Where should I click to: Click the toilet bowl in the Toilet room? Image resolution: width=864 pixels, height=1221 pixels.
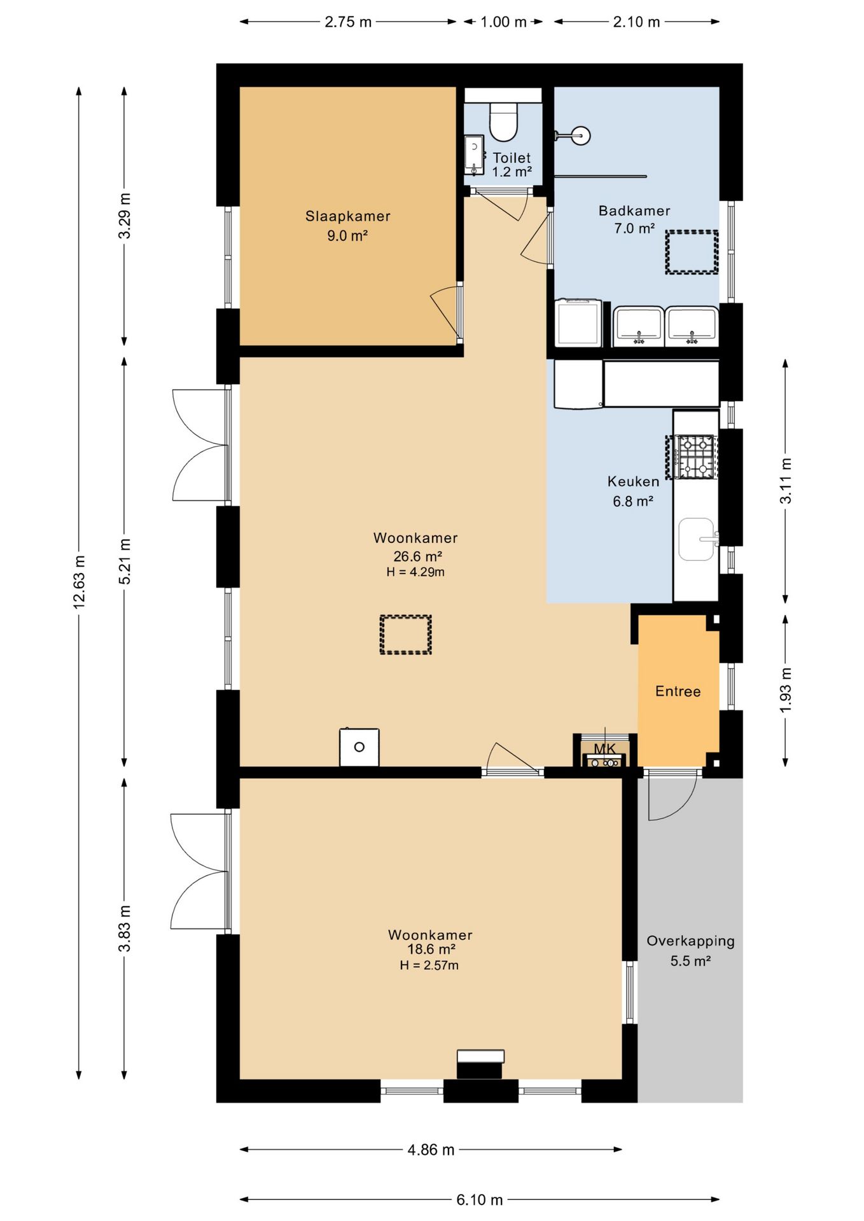[x=503, y=121]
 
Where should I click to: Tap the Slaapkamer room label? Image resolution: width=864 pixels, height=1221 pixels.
[x=347, y=216]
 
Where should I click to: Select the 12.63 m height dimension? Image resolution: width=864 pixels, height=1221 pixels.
[x=79, y=582]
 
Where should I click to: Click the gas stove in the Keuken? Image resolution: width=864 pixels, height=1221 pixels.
[x=694, y=457]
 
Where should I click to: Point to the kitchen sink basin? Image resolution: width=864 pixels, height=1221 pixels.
[x=696, y=539]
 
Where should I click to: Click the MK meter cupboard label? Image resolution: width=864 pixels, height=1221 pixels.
[x=604, y=748]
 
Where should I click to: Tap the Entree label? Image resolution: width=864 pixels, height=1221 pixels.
[x=678, y=691]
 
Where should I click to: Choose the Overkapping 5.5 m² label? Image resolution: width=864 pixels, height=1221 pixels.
[x=690, y=950]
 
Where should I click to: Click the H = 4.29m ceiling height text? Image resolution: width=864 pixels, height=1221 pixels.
[x=415, y=572]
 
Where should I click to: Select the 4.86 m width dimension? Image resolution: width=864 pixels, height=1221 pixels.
[x=431, y=1149]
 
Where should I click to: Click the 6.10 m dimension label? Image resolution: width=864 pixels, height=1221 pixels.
[x=479, y=1199]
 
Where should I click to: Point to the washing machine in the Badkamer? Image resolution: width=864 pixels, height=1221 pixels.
[x=578, y=323]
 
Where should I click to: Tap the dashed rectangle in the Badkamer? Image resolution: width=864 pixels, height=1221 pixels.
[x=692, y=252]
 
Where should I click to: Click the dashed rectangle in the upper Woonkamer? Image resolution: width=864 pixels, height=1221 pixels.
[x=405, y=634]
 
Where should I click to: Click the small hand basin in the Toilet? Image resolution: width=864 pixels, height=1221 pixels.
[x=473, y=155]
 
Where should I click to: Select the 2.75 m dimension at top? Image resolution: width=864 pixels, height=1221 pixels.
[x=347, y=22]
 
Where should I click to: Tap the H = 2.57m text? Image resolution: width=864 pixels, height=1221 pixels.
[x=429, y=965]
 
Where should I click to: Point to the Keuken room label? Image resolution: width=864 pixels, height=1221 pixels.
[x=633, y=481]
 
